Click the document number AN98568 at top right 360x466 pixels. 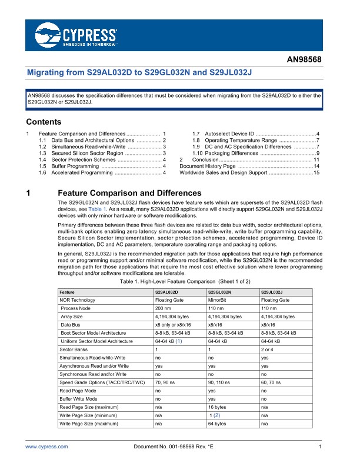304,59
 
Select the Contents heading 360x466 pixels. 44,122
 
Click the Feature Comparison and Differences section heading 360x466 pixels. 130,193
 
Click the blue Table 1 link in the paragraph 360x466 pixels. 97,209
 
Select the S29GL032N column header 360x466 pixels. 219,292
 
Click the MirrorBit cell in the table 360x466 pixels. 219,300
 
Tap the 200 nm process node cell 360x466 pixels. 163,308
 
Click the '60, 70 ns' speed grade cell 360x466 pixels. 271,382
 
